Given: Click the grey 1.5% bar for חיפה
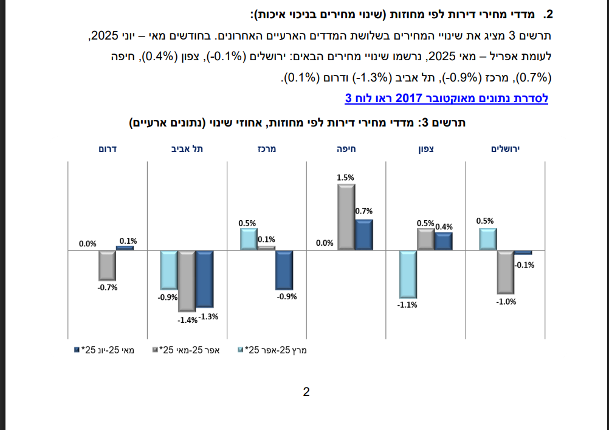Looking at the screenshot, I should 346,217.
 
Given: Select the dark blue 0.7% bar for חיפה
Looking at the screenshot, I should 363,235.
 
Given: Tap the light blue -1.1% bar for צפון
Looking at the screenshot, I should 407,273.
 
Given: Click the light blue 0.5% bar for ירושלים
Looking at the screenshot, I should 488,239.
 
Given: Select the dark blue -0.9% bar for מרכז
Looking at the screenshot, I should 284,269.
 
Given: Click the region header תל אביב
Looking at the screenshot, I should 187,148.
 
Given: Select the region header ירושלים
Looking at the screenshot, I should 506,148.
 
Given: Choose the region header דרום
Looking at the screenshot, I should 108,148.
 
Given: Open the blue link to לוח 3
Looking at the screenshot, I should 446,98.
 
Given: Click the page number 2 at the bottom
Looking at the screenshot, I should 306,392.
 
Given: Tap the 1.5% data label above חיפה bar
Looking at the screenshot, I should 345,178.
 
